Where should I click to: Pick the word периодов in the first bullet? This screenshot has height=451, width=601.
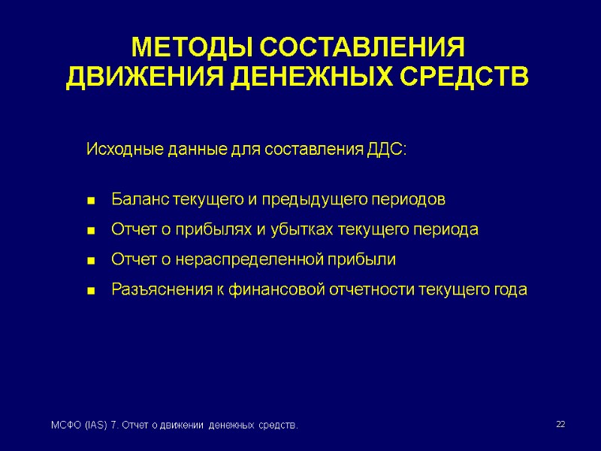409,200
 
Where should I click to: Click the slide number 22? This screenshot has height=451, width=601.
560,425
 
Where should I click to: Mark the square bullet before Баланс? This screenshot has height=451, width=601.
91,201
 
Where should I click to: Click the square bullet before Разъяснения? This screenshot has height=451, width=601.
91,291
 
